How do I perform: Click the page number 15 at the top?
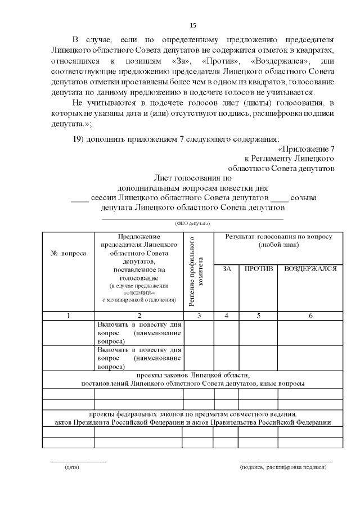193,25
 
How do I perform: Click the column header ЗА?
227,269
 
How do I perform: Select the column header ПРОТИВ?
258,269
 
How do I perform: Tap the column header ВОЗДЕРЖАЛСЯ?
310,269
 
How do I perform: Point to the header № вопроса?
69,253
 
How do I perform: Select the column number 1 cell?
68,316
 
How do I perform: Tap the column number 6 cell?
310,316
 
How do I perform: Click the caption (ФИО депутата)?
192,223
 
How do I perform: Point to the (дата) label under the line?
72,467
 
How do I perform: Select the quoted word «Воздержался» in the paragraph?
278,60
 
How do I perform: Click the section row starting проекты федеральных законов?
192,417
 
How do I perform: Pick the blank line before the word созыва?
280,198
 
